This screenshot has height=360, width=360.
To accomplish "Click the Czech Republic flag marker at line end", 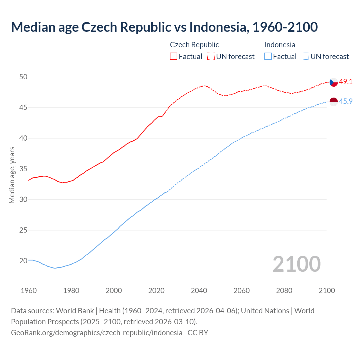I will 334,82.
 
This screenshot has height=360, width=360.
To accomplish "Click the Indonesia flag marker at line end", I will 334,102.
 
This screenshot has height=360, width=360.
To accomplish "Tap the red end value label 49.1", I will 346,82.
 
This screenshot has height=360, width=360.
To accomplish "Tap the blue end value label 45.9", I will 346,101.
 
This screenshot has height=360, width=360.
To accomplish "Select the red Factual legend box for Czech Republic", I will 174,57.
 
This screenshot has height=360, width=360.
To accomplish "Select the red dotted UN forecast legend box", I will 211,57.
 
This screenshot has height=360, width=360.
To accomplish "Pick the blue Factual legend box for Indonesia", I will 268,57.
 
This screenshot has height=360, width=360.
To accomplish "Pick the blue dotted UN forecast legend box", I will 305,57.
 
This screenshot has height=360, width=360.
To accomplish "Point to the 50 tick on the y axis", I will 23,77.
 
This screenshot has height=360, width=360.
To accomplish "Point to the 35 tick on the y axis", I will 23,169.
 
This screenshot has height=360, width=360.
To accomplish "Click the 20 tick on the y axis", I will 23,261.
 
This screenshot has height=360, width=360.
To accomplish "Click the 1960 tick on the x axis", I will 29,291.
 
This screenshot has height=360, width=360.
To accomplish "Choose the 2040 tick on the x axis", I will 199,291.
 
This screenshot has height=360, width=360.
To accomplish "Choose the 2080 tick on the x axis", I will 284,291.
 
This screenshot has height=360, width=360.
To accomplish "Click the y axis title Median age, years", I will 12,175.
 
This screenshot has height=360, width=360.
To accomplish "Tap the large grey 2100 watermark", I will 296,264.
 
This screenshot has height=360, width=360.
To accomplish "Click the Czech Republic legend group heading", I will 194,45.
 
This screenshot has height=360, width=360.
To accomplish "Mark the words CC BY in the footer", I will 198,333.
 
